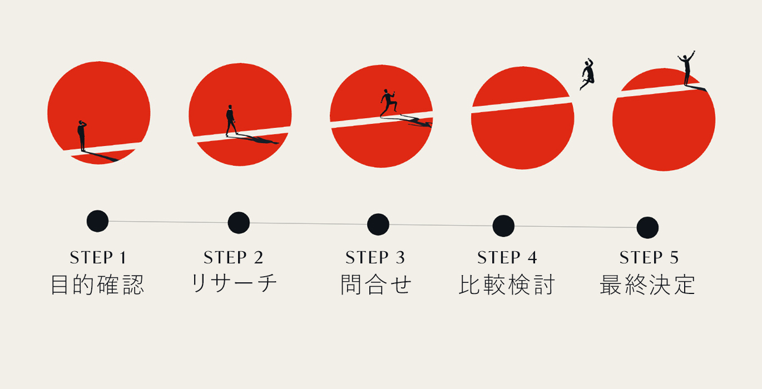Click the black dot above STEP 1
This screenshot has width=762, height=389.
(x=98, y=221)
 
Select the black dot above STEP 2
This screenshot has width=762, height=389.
(x=239, y=223)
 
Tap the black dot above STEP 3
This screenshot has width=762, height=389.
(x=378, y=225)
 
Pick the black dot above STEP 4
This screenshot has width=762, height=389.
(x=503, y=226)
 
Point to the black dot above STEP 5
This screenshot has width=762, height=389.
(x=647, y=228)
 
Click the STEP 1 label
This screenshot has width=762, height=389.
(x=98, y=257)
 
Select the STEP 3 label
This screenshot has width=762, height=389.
(x=375, y=257)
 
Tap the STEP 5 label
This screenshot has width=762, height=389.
(x=649, y=257)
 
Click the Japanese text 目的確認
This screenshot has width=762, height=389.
(x=98, y=285)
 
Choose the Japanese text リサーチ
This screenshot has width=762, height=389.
(x=234, y=283)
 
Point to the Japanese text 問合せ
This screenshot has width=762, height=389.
(x=376, y=285)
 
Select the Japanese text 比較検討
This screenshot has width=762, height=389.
(x=507, y=285)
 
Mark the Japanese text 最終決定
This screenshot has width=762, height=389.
(x=647, y=285)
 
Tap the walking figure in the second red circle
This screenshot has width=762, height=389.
(x=231, y=121)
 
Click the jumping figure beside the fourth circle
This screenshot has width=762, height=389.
(x=587, y=74)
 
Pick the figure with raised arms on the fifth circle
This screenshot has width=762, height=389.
(x=686, y=68)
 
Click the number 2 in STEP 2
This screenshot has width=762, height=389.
(x=258, y=257)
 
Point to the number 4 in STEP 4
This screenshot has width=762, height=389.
(x=532, y=257)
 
